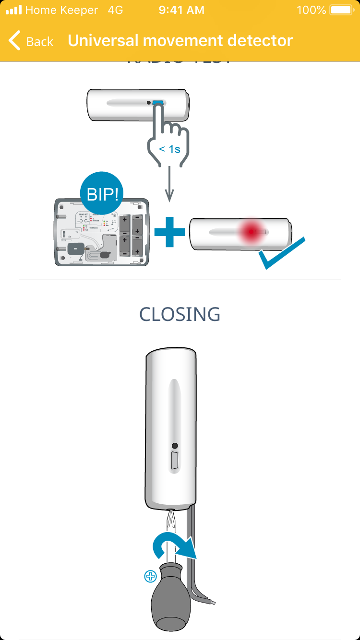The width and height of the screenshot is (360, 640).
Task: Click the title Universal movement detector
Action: [x=180, y=41]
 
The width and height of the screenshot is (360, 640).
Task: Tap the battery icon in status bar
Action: [x=341, y=10]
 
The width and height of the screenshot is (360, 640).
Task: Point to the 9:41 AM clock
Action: [x=181, y=10]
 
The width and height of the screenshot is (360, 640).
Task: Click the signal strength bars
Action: [x=14, y=10]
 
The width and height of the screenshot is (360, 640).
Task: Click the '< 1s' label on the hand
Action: [x=169, y=149]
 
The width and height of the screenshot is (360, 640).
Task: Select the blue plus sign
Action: [x=169, y=232]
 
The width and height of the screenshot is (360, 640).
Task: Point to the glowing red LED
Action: [x=250, y=232]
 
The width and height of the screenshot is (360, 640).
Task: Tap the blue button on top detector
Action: [x=158, y=103]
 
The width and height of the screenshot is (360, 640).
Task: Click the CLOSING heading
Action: [x=180, y=314]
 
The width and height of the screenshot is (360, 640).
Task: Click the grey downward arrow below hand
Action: [x=169, y=185]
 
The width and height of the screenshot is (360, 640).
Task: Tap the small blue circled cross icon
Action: [x=150, y=576]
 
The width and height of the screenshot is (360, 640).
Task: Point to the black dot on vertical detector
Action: [x=175, y=446]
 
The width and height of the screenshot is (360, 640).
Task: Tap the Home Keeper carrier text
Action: [x=61, y=10]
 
